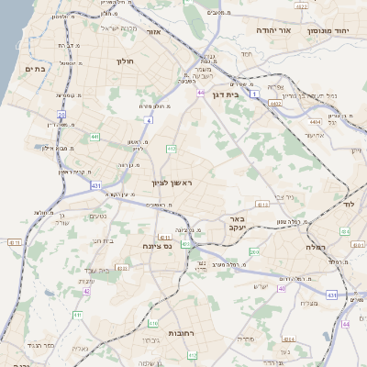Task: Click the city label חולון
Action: point(125,61)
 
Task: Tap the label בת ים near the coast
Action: point(36,69)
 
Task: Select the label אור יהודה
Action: point(272,30)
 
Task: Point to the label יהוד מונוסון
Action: point(331,30)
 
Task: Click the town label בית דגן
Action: point(244,94)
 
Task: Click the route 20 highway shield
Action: point(61,115)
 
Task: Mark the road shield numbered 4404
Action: point(315,121)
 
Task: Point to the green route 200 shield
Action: point(254,251)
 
